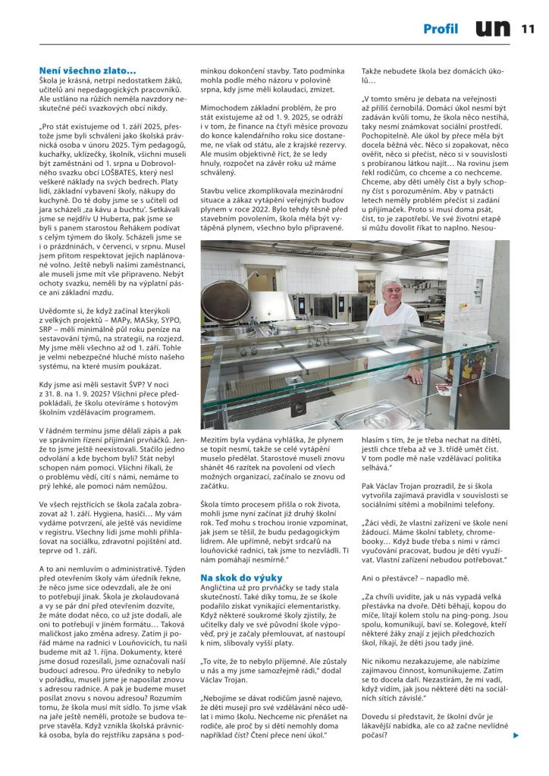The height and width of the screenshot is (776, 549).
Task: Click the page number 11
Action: tap(529, 30)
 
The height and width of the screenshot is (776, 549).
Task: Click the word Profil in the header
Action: tap(441, 30)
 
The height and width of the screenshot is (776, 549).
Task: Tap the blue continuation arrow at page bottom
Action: tap(516, 734)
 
